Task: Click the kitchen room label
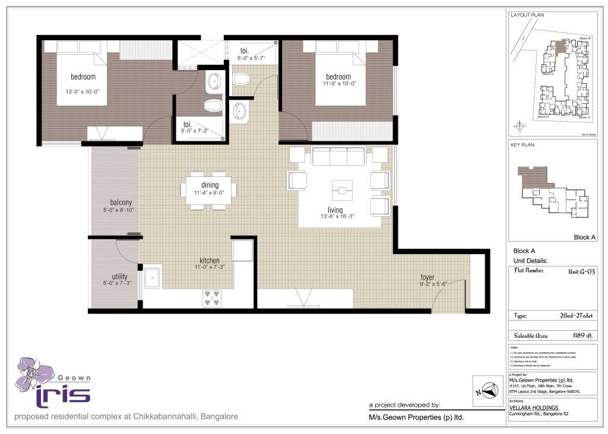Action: pos(210,261)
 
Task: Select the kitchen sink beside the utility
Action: pos(153,277)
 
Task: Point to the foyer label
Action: pos(427,277)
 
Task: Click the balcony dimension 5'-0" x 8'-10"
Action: pos(116,210)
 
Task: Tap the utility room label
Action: pos(120,276)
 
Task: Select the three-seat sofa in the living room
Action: pos(338,157)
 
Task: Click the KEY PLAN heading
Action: pos(522,144)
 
